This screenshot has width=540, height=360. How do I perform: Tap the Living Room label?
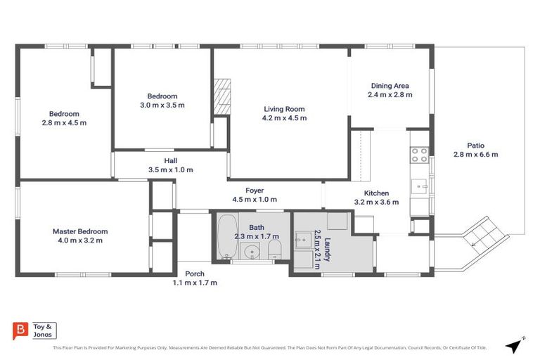tap(284, 109)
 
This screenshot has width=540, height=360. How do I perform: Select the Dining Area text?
tap(390, 86)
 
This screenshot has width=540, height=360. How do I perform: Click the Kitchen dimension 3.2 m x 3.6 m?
tap(376, 202)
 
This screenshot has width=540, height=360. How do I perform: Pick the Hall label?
tap(170, 160)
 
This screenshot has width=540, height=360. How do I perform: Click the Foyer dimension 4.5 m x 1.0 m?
tap(254, 200)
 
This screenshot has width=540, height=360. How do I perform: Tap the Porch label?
tap(195, 274)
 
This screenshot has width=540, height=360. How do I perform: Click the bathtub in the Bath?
tap(226, 239)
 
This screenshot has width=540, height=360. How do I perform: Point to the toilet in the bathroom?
tap(274, 250)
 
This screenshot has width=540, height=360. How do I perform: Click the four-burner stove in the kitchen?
tap(420, 155)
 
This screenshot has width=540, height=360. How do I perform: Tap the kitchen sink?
tap(421, 186)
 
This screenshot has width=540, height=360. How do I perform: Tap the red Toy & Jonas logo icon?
tap(21, 330)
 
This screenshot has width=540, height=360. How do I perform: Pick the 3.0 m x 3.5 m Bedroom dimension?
tap(162, 105)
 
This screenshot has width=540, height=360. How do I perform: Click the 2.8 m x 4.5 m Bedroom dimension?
tap(63, 123)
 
